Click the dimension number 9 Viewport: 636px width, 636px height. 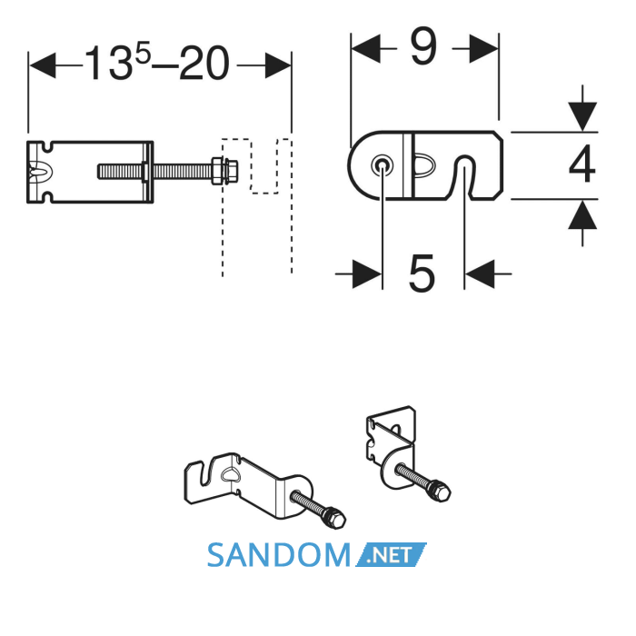pyautogui.click(x=423, y=47)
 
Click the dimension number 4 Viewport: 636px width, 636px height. pyautogui.click(x=582, y=164)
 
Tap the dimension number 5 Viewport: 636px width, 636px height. pyautogui.click(x=422, y=273)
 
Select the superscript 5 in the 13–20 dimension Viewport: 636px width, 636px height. pyautogui.click(x=144, y=54)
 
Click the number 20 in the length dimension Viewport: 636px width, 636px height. pyautogui.click(x=204, y=63)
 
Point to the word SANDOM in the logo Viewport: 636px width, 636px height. pyautogui.click(x=279, y=555)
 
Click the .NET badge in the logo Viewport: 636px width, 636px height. pyautogui.click(x=391, y=554)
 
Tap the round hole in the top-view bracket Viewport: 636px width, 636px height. pyautogui.click(x=382, y=164)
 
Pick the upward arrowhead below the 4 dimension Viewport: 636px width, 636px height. pyautogui.click(x=582, y=215)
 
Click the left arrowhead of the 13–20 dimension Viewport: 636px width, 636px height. pyautogui.click(x=43, y=65)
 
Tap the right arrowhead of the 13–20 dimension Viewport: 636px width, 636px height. pyautogui.click(x=278, y=65)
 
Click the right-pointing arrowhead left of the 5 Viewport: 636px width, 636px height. pyautogui.click(x=367, y=274)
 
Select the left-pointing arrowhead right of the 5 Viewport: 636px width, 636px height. pyautogui.click(x=480, y=274)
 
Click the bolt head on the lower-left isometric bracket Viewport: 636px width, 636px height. pyautogui.click(x=334, y=518)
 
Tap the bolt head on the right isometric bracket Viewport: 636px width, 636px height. pyautogui.click(x=439, y=491)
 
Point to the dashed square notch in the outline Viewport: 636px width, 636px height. pyautogui.click(x=264, y=166)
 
